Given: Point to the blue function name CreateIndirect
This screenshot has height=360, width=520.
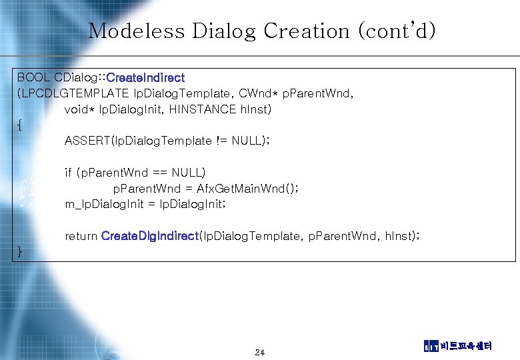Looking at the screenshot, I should click(145, 78).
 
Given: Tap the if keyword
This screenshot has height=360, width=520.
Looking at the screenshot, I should click(69, 173).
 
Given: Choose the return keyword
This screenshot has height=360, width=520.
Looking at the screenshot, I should click(81, 235).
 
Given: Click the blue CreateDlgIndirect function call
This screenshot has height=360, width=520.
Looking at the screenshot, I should click(150, 235).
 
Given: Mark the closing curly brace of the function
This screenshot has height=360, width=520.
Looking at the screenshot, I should click(20, 251).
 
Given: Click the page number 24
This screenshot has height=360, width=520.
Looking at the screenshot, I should click(260, 352).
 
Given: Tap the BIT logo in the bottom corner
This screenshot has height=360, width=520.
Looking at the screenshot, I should click(431, 346).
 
